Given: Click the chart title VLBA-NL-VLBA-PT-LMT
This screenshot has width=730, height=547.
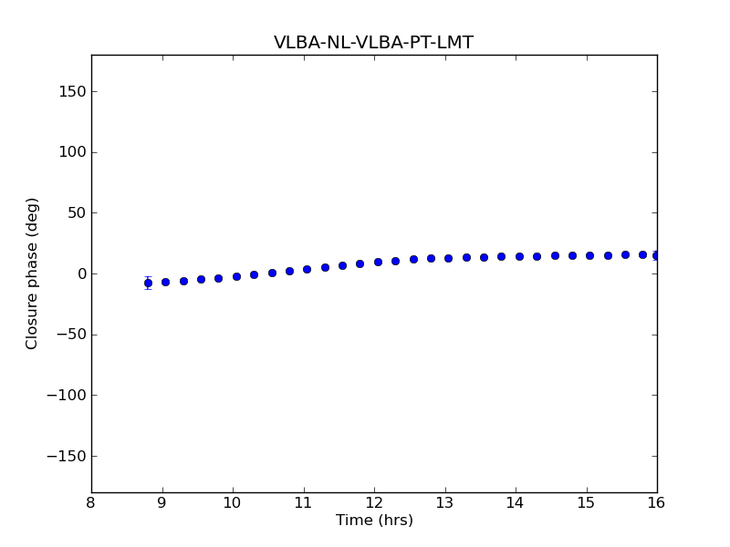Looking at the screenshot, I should [373, 43].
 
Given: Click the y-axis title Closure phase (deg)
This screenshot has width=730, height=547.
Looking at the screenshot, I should [33, 273].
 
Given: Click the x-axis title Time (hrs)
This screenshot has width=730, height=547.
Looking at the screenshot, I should [374, 521].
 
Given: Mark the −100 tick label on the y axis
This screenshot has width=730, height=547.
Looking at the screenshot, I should [64, 396].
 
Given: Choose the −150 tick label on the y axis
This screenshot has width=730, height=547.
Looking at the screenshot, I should [64, 456].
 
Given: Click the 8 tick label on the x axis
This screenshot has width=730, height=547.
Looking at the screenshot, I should [91, 503].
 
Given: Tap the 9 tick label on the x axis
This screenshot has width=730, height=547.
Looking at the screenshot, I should [162, 503].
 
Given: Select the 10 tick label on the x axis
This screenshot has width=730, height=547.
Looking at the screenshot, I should [233, 503].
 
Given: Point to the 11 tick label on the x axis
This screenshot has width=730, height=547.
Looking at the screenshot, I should [304, 503].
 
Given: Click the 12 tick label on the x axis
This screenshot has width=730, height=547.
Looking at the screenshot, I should [374, 503].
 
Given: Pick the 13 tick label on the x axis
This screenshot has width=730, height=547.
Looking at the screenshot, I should [445, 503].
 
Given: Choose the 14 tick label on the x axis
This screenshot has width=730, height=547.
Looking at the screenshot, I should [516, 503].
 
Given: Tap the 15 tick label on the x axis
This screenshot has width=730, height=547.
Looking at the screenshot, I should [587, 503].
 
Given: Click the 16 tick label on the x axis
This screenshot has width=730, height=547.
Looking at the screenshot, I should [657, 503].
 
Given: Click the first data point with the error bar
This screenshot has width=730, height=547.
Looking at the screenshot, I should [148, 283].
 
